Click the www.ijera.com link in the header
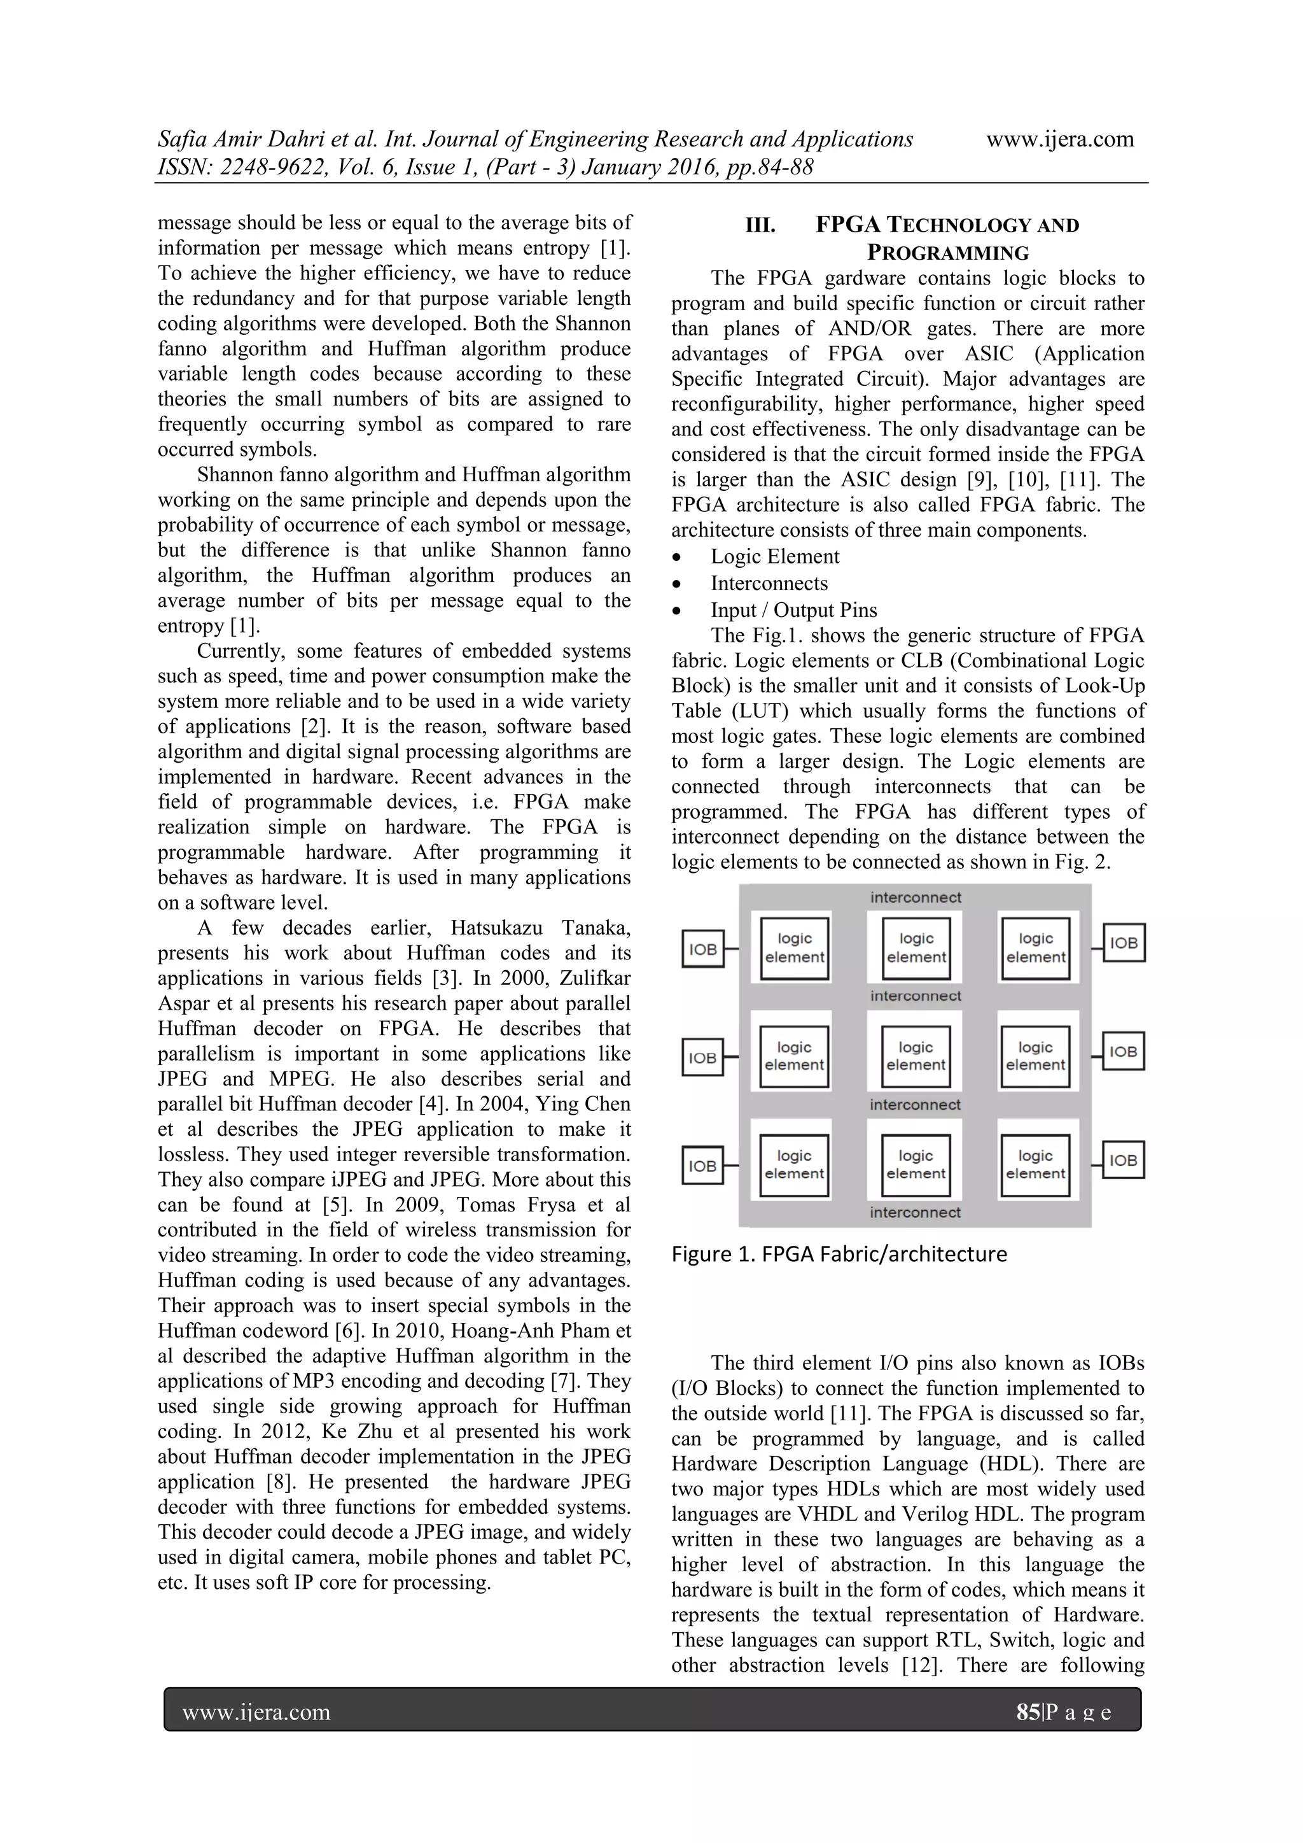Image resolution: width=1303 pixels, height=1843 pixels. pyautogui.click(x=1059, y=139)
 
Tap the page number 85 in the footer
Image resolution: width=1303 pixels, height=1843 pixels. pyautogui.click(x=1027, y=1712)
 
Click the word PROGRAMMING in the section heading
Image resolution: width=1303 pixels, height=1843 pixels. pyautogui.click(x=947, y=253)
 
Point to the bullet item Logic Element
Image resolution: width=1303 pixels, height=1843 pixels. pyautogui.click(x=774, y=556)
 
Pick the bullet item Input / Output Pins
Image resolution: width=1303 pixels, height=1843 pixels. pyautogui.click(x=793, y=610)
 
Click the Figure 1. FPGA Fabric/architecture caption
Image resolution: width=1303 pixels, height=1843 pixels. pyautogui.click(x=839, y=1255)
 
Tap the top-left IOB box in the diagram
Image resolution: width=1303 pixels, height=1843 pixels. pyautogui.click(x=703, y=950)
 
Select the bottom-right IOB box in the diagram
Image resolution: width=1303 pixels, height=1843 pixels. pyautogui.click(x=1124, y=1161)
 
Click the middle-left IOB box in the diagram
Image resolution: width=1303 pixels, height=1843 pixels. pyautogui.click(x=703, y=1058)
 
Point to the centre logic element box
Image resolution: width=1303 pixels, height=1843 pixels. pyautogui.click(x=916, y=1056)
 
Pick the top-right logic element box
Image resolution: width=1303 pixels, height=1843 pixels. pyautogui.click(x=1036, y=948)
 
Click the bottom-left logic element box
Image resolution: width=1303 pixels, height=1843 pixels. pyautogui.click(x=793, y=1165)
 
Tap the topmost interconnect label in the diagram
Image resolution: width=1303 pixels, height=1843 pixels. pyautogui.click(x=916, y=898)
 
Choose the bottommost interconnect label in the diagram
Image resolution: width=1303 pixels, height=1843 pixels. pyautogui.click(x=915, y=1212)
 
